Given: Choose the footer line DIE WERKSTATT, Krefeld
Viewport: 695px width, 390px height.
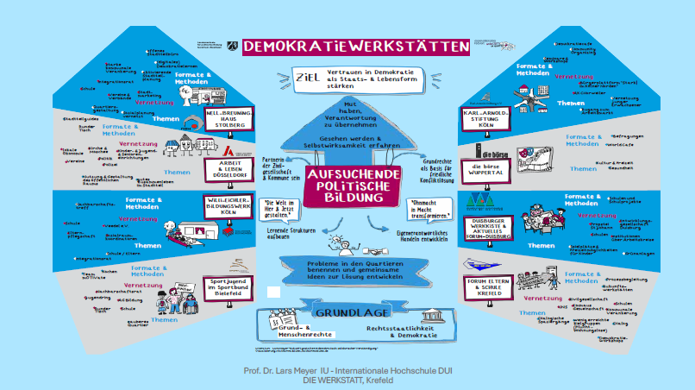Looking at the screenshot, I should pyautogui.click(x=348, y=381).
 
